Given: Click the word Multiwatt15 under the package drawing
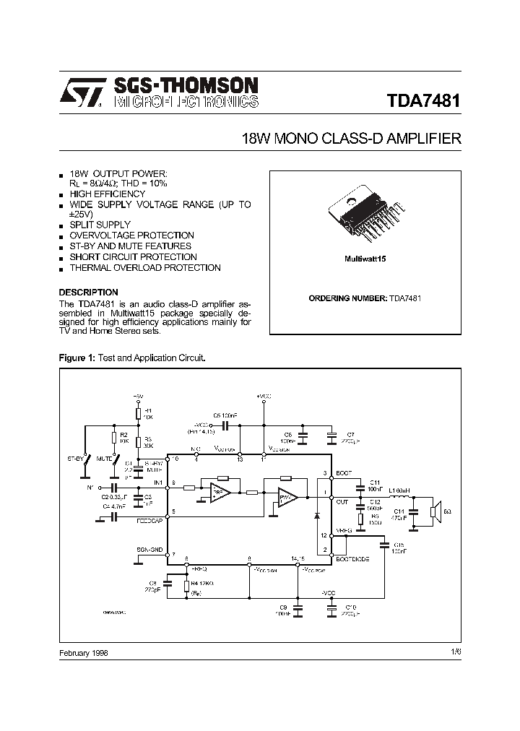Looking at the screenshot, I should (365, 258).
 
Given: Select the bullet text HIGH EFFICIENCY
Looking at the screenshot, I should (108, 194).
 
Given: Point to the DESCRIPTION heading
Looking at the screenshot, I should (88, 293).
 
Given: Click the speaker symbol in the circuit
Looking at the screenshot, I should (435, 512).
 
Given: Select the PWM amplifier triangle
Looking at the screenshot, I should (288, 498).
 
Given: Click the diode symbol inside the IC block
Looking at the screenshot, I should (316, 516).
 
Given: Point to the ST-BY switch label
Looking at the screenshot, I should (77, 458).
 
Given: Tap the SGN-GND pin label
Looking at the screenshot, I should (149, 550).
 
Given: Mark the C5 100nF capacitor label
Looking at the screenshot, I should (225, 415).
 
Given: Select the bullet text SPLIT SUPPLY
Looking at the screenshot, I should (100, 225).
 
